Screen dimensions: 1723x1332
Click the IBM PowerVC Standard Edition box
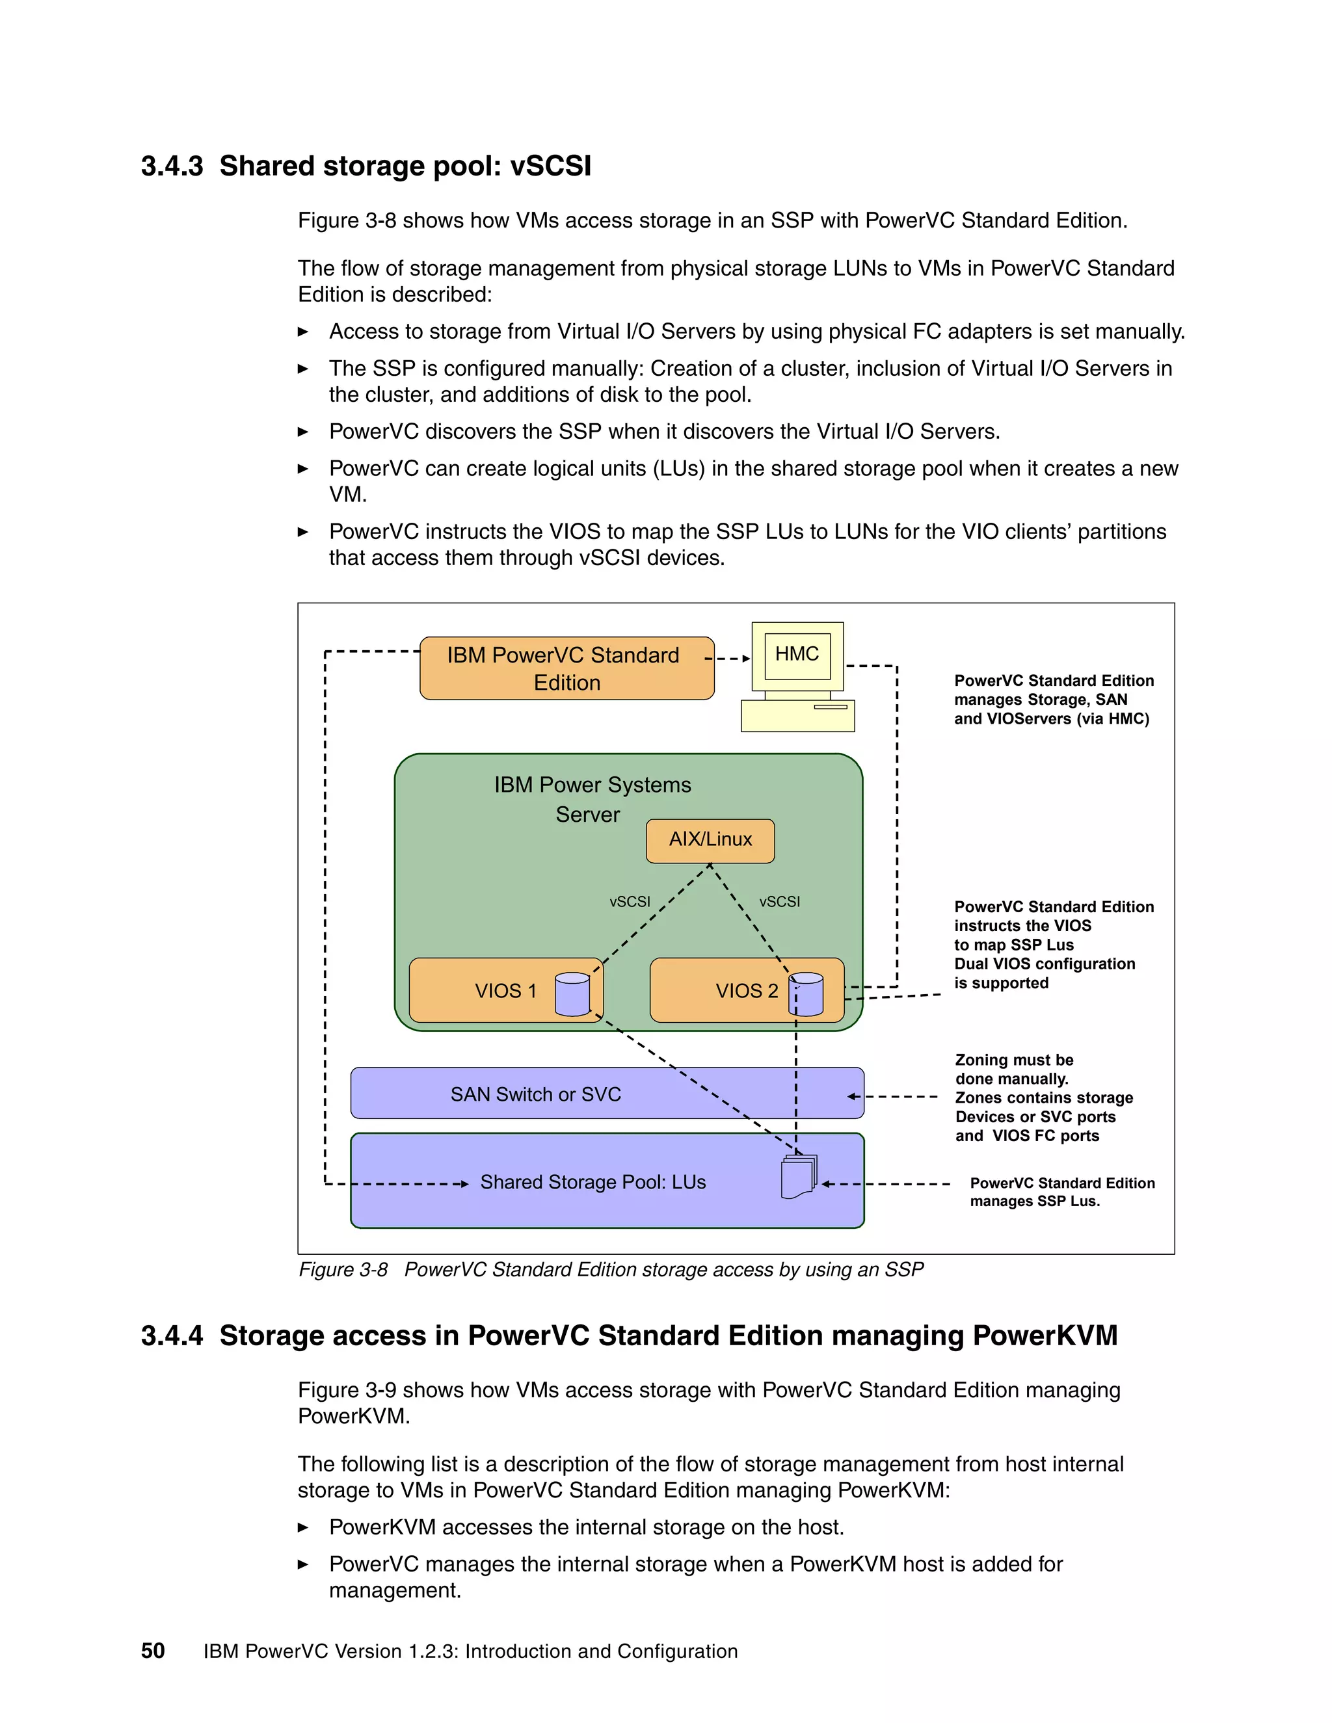coord(566,668)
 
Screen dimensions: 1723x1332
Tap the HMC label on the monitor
coord(797,654)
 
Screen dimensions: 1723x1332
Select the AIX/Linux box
coord(710,839)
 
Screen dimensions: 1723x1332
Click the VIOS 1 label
coord(505,991)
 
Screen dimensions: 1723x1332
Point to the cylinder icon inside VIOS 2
coord(806,994)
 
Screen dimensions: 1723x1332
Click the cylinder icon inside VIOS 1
coord(572,994)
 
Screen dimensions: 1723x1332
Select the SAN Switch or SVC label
coord(536,1094)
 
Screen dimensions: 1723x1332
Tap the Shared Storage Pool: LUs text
coord(593,1182)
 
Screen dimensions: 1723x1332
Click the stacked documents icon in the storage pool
coord(799,1177)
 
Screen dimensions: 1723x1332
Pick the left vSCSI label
coord(630,902)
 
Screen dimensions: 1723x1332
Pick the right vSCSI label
coord(780,902)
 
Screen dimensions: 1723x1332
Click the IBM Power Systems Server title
coord(592,799)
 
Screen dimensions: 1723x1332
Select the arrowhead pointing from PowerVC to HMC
coord(746,659)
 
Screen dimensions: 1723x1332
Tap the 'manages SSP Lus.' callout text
coord(1035,1202)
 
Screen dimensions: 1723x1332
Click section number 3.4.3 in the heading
coord(172,166)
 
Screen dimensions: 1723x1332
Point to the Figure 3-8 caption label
coord(343,1269)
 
